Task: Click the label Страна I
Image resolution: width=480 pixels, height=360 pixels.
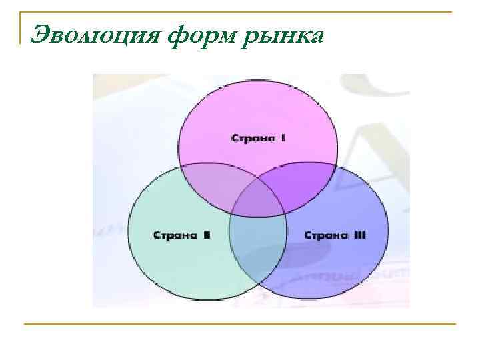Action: coord(259,138)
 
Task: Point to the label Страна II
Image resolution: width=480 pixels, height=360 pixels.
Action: coord(181,235)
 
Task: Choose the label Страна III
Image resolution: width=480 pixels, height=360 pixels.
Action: coord(335,235)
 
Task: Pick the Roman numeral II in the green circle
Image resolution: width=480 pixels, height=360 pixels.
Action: coord(206,235)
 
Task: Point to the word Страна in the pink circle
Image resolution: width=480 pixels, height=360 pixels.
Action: coord(251,138)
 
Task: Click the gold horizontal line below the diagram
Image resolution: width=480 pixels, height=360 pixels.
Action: coord(240,324)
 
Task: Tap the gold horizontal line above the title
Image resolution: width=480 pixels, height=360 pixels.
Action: coord(240,11)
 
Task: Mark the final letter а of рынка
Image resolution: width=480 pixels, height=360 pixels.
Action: coord(317,35)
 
